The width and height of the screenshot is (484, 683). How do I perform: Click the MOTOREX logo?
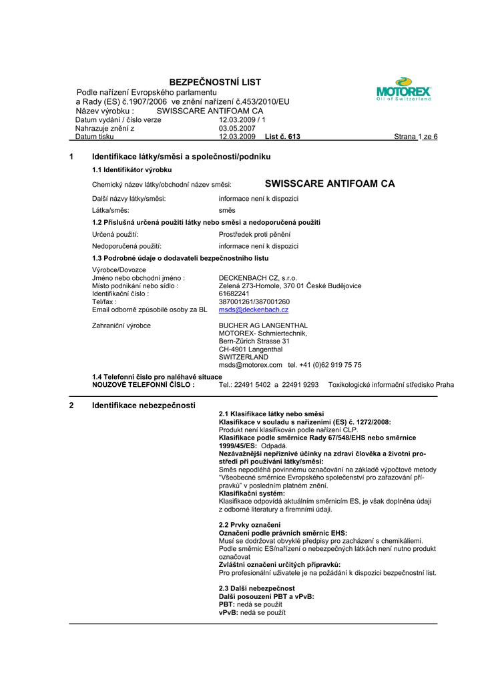click(x=404, y=89)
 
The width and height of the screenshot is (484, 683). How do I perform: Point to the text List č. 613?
click(x=282, y=136)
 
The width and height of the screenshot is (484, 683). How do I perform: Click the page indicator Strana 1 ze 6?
click(x=415, y=136)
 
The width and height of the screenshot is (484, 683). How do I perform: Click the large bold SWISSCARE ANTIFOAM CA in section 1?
click(x=330, y=183)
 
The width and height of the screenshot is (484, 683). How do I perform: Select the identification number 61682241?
click(x=234, y=293)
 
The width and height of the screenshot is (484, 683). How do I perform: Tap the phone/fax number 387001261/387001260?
click(x=254, y=301)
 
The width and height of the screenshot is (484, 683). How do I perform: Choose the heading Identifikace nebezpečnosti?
click(x=144, y=405)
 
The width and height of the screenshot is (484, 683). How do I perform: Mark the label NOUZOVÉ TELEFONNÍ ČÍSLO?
click(x=144, y=385)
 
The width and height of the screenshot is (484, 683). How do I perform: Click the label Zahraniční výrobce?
click(x=122, y=325)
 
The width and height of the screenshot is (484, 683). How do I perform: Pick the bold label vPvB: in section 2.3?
click(x=228, y=612)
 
